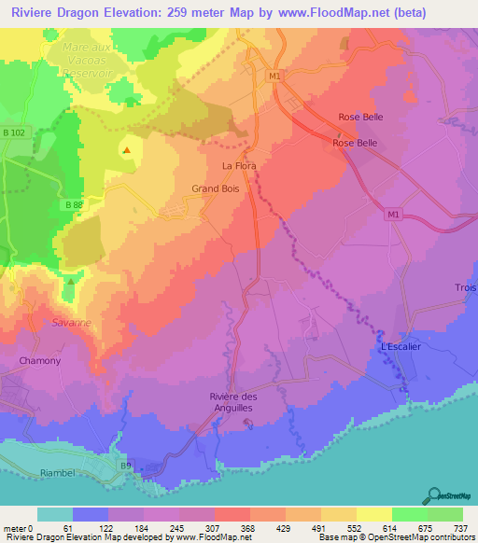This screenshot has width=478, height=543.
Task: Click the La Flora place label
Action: point(238,166)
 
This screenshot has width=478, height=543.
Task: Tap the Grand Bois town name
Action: point(212,188)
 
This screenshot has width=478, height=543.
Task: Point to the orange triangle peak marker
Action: point(126,149)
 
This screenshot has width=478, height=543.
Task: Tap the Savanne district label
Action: point(72,322)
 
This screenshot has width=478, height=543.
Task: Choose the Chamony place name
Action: point(39,360)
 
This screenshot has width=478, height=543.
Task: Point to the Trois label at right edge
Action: point(465,287)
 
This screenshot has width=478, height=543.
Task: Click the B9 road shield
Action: point(125,463)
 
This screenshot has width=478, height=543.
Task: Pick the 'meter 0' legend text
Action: point(19,527)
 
